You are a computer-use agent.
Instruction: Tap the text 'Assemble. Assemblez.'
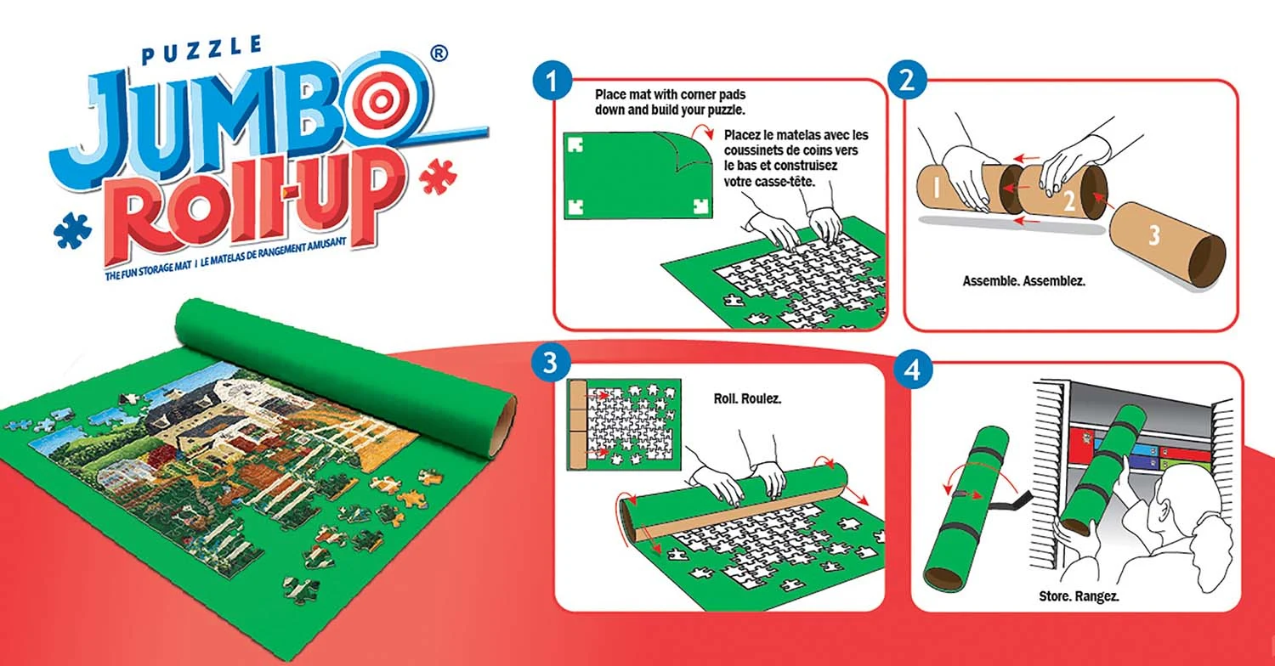1023,279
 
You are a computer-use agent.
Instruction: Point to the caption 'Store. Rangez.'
1079,595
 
